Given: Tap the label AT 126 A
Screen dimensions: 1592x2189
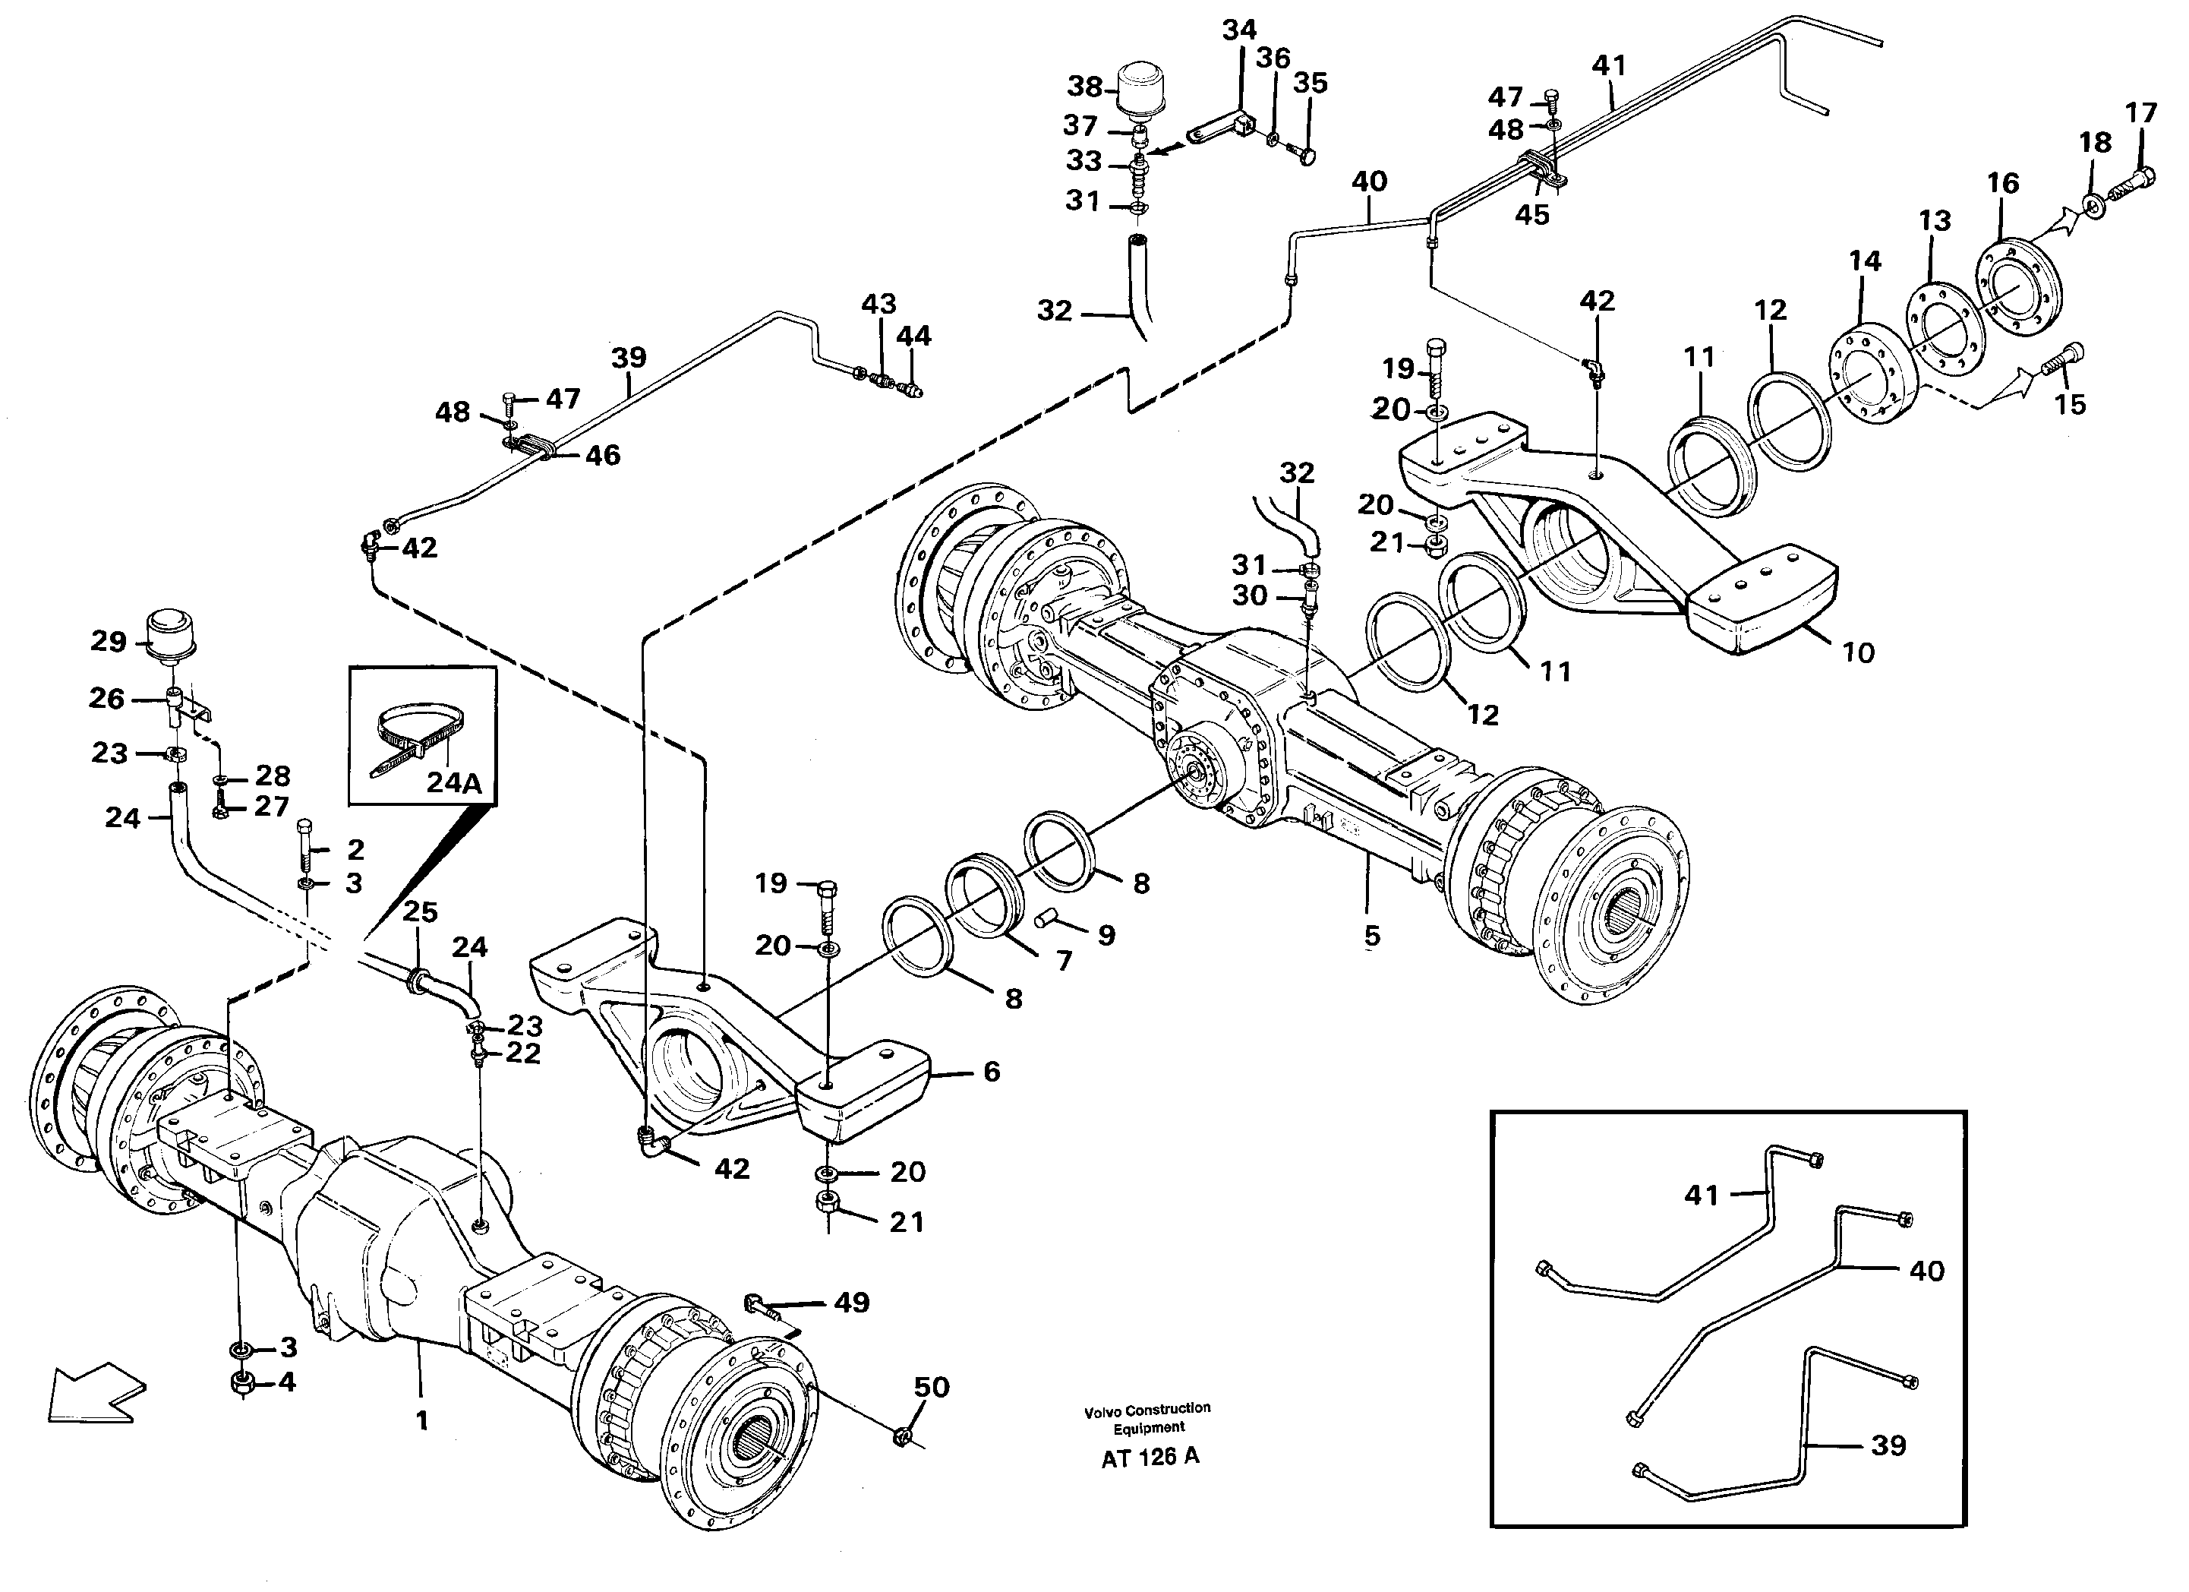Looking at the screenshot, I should [x=1150, y=1457].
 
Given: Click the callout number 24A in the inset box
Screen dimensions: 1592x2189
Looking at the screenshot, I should [x=453, y=782].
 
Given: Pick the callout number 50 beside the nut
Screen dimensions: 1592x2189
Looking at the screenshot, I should [x=932, y=1388].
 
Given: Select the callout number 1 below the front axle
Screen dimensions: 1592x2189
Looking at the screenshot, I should [x=421, y=1420].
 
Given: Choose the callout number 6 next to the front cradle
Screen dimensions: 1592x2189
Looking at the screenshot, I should [x=991, y=1071].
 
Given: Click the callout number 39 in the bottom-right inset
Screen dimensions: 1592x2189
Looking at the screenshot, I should [x=1888, y=1445].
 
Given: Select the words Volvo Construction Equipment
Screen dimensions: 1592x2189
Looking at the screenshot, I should [x=1147, y=1418].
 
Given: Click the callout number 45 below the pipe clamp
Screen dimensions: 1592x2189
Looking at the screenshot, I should [x=1531, y=214].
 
